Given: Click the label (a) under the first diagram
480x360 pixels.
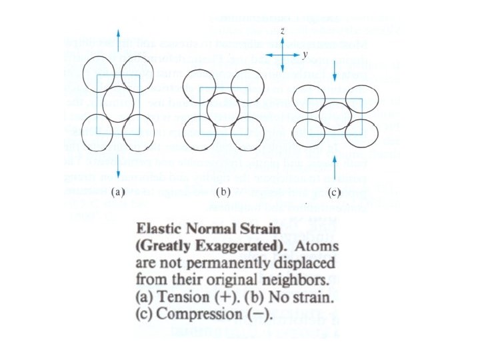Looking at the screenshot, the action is tap(117, 193).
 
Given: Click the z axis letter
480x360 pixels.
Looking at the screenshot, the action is tap(283, 31).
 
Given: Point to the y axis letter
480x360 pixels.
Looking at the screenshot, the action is tap(304, 57).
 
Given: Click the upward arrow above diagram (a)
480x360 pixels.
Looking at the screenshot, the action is tap(118, 41).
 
